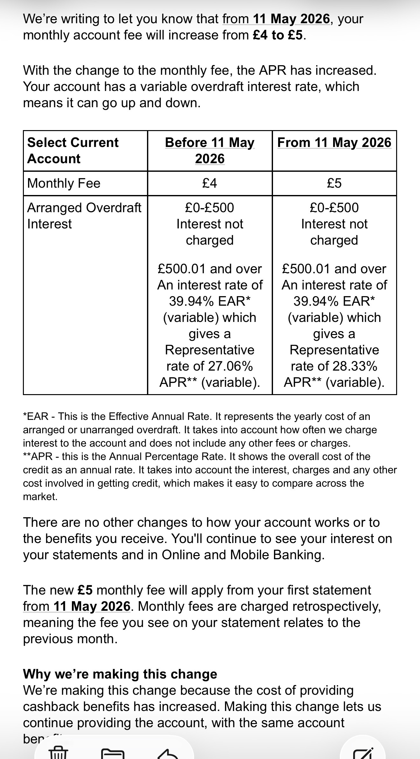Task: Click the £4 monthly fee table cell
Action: (x=210, y=183)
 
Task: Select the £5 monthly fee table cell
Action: (x=334, y=183)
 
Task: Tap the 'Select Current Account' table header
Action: (x=73, y=150)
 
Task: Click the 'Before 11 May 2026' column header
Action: (x=210, y=150)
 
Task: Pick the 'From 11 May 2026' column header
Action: (x=334, y=143)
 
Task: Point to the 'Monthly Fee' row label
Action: (x=64, y=183)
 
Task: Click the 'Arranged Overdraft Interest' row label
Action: (x=84, y=216)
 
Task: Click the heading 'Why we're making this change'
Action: (x=120, y=674)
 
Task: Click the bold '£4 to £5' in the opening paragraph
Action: (x=277, y=35)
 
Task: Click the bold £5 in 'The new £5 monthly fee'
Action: (x=85, y=590)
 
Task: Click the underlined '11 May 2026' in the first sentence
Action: (x=291, y=19)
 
